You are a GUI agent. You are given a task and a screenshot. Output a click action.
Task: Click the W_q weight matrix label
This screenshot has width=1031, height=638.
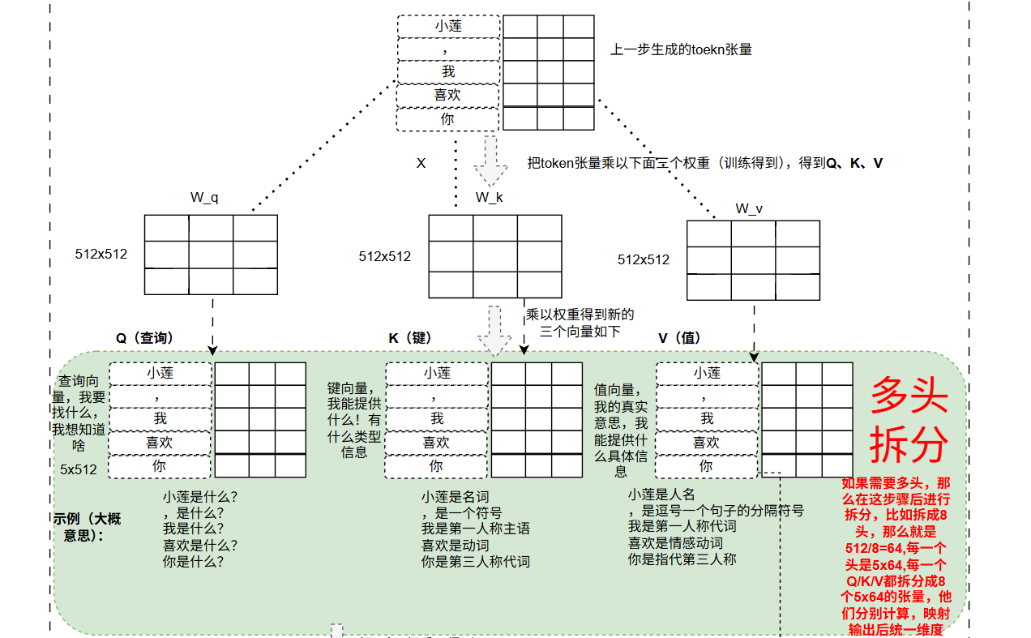[204, 198]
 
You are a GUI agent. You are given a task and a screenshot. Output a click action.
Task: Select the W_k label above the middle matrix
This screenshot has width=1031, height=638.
[489, 198]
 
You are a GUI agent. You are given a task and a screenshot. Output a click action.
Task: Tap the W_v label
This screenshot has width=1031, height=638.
[748, 209]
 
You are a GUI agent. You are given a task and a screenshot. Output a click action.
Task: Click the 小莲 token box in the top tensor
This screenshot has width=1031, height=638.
[448, 26]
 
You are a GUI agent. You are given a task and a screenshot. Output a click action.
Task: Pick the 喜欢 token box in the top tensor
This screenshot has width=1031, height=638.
[448, 95]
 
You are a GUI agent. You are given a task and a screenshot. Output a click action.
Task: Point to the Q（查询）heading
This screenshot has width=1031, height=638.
[144, 338]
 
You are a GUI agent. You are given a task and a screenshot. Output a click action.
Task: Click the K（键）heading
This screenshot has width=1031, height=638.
[409, 338]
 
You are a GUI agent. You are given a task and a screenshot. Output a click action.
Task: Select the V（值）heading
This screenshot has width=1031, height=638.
[679, 338]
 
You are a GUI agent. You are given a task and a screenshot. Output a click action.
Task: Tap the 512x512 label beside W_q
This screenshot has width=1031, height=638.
[101, 254]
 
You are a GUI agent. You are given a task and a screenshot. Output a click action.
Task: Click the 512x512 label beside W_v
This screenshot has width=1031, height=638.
[644, 259]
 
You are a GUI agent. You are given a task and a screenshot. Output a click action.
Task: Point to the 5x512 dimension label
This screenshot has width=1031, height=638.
[79, 469]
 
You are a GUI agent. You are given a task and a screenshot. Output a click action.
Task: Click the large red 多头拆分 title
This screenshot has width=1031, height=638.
[909, 420]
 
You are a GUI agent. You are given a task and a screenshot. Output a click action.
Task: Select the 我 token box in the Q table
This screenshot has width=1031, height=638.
[160, 419]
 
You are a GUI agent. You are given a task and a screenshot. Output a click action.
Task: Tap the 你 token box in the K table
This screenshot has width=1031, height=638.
[436, 466]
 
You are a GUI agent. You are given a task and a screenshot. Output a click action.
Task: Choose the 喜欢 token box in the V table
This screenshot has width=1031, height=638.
[706, 443]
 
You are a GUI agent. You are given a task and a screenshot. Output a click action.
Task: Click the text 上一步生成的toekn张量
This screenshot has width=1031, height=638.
[681, 49]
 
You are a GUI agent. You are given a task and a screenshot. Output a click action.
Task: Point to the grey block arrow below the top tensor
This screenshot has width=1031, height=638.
[490, 161]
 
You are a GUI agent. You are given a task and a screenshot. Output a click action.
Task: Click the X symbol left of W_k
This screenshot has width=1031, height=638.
[421, 163]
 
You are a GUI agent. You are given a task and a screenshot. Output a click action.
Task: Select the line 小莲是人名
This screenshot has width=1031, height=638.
[661, 494]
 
